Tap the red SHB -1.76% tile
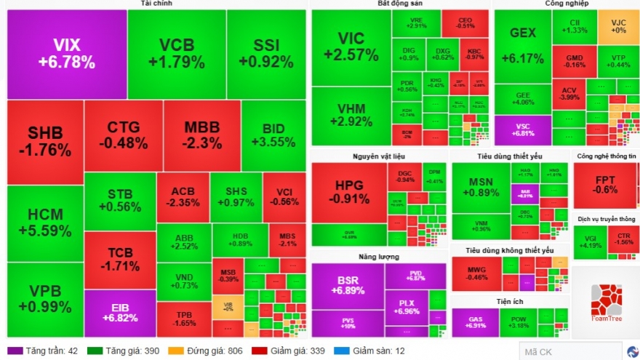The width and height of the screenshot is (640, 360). pyautogui.click(x=45, y=142)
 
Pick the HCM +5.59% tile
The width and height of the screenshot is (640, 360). pyautogui.click(x=45, y=223)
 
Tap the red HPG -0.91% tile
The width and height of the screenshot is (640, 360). pyautogui.click(x=348, y=191)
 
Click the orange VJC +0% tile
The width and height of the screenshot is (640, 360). pyautogui.click(x=618, y=26)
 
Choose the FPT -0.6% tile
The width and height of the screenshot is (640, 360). pyautogui.click(x=605, y=185)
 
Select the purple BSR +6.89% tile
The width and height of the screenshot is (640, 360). pyautogui.click(x=348, y=286)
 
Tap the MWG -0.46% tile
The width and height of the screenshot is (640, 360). pyautogui.click(x=477, y=273)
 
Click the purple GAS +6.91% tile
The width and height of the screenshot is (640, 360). pyautogui.click(x=474, y=323)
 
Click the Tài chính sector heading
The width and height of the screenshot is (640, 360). pyautogui.click(x=156, y=4)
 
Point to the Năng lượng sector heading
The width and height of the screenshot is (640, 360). pyautogui.click(x=377, y=257)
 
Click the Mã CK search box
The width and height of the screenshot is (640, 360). pyautogui.click(x=571, y=352)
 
